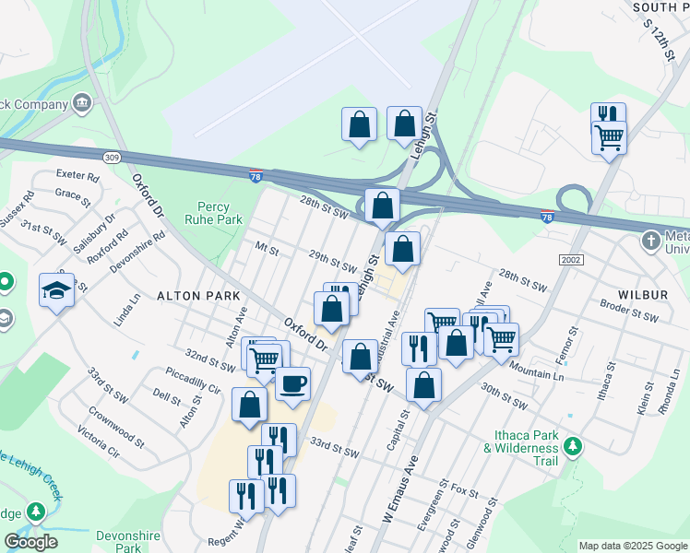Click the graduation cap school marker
pyautogui.click(x=57, y=290)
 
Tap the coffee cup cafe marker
pyautogui.click(x=292, y=383)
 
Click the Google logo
pyautogui.click(x=30, y=542)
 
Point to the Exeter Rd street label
pyautogui.click(x=77, y=174)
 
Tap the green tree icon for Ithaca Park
pyautogui.click(x=574, y=447)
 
